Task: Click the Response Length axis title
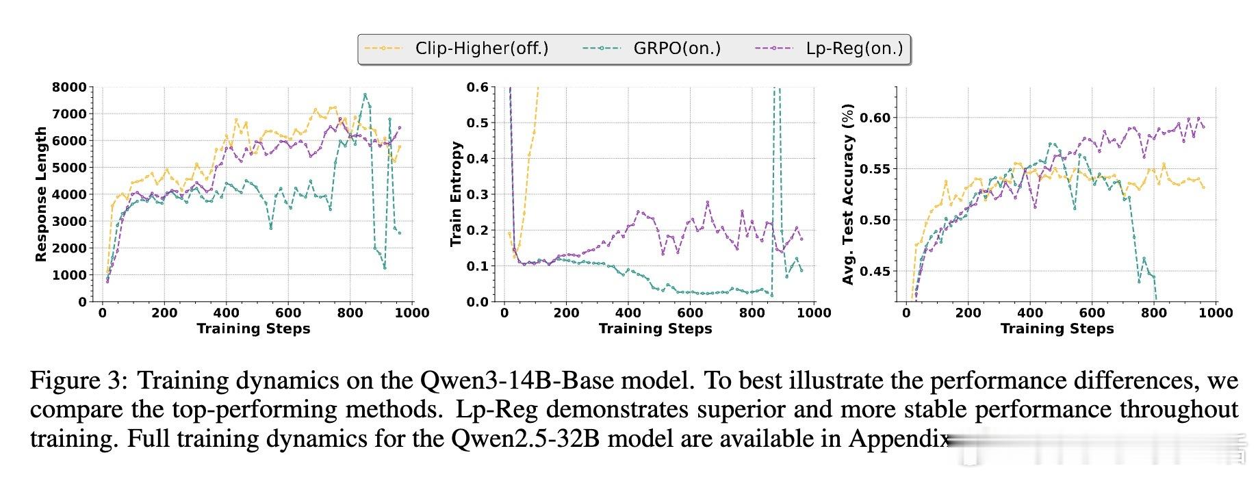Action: coord(41,194)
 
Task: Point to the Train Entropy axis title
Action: coord(457,194)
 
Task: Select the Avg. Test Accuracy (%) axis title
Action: coord(849,194)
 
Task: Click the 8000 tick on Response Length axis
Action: coord(69,87)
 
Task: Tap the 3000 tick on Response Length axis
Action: coord(69,221)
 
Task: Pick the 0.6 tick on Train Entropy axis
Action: coord(477,87)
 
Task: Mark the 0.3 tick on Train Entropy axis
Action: coord(477,194)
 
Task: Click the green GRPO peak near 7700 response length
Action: coord(365,94)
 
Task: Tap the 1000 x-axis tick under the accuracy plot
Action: coord(1216,313)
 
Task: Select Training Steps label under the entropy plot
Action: coord(655,328)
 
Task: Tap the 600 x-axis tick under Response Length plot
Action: coord(288,313)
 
